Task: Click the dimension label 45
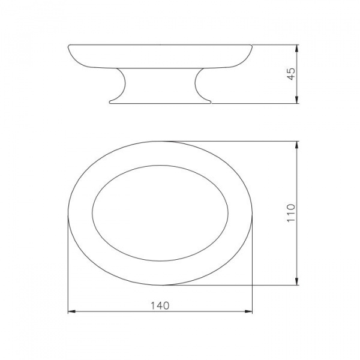[291, 74]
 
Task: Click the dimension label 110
[291, 213]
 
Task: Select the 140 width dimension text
[160, 305]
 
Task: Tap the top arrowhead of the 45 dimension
[297, 48]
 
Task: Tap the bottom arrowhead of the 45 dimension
[297, 100]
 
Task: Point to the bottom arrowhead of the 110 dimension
[297, 281]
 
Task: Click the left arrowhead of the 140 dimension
[71, 311]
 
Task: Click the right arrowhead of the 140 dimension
[248, 311]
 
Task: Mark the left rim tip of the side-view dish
[68, 46]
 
